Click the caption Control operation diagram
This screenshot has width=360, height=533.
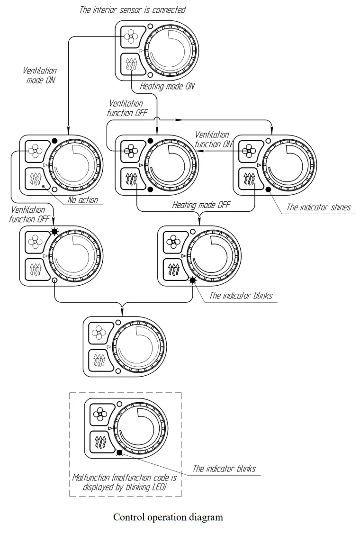coord(168,517)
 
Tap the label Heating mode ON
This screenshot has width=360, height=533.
coord(167,87)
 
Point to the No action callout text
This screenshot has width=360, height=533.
coord(82,200)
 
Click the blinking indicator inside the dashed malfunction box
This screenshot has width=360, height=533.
coord(119,453)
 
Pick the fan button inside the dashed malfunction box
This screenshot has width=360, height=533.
coord(100,415)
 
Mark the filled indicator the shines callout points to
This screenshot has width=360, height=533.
coord(268,189)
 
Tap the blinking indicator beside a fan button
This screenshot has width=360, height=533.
coord(54,232)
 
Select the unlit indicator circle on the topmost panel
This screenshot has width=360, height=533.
coord(150,27)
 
